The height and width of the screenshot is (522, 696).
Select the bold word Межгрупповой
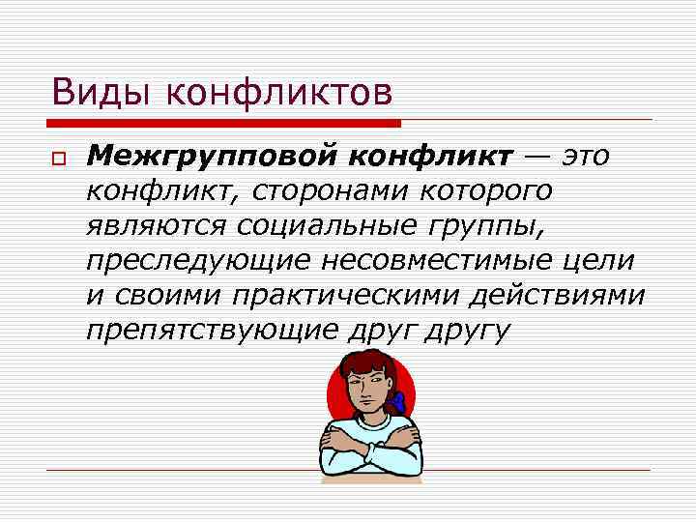click(x=209, y=156)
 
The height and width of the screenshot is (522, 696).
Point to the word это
click(x=586, y=156)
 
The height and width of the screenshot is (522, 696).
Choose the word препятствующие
click(x=211, y=331)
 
